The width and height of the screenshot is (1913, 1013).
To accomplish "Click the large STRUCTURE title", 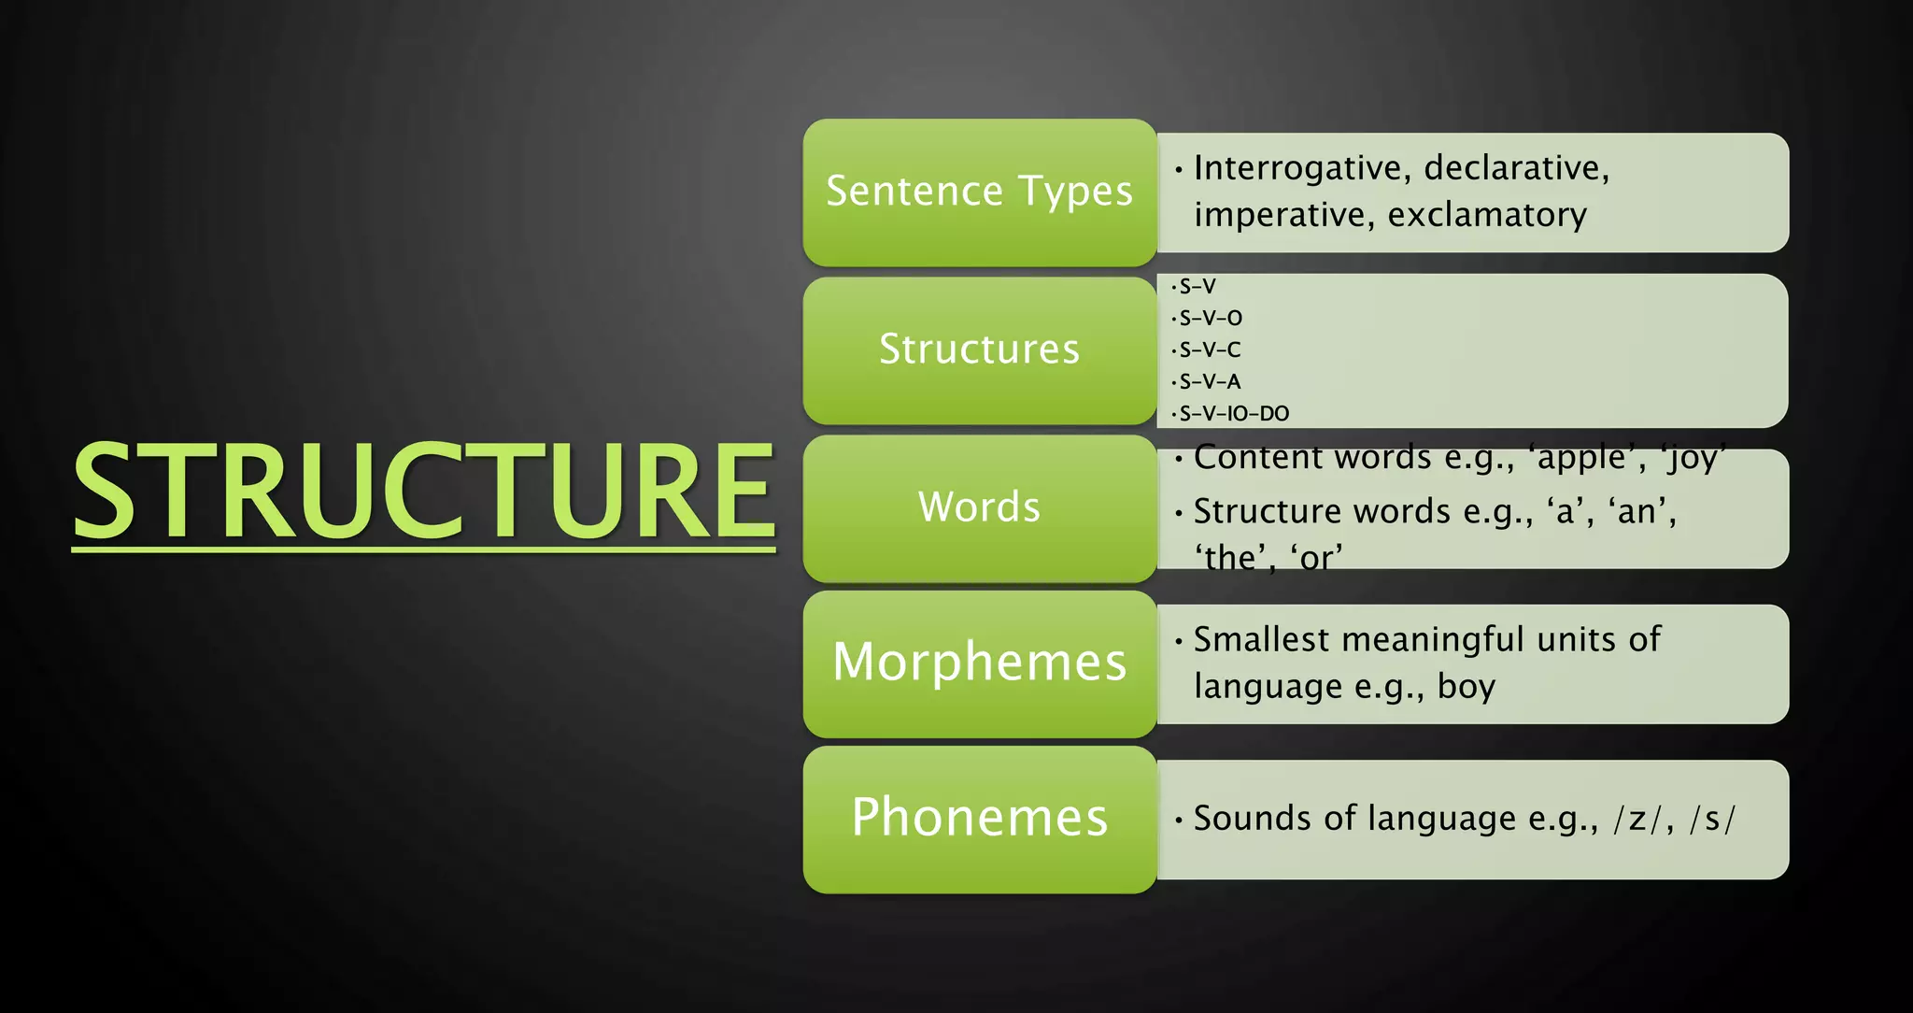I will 423,492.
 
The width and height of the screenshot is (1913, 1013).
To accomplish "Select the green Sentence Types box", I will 979,192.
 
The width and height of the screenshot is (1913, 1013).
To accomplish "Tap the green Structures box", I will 979,350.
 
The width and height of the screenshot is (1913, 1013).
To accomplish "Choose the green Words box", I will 979,507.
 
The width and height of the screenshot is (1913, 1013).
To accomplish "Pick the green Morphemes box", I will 979,663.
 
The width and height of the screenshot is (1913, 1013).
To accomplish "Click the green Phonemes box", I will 979,818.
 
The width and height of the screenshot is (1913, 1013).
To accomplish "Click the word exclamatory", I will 1487,215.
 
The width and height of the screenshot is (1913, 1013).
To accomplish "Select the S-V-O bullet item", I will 1211,318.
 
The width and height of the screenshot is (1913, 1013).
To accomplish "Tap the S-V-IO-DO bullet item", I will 1233,413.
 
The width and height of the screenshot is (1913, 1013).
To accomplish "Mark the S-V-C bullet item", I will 1210,350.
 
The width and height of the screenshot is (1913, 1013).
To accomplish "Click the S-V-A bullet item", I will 1210,381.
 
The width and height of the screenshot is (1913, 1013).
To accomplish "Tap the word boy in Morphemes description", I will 1467,687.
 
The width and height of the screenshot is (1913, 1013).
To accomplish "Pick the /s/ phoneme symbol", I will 1712,819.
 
